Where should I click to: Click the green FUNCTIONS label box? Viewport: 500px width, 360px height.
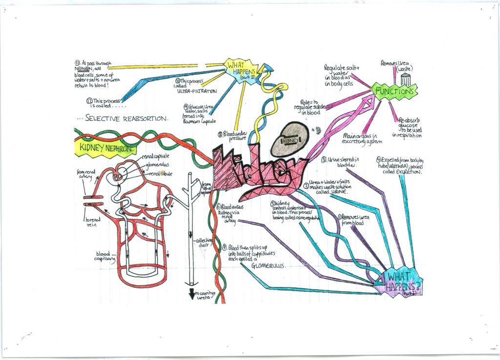coord(395,91)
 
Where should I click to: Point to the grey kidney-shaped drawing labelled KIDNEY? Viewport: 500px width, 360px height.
coord(290,139)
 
